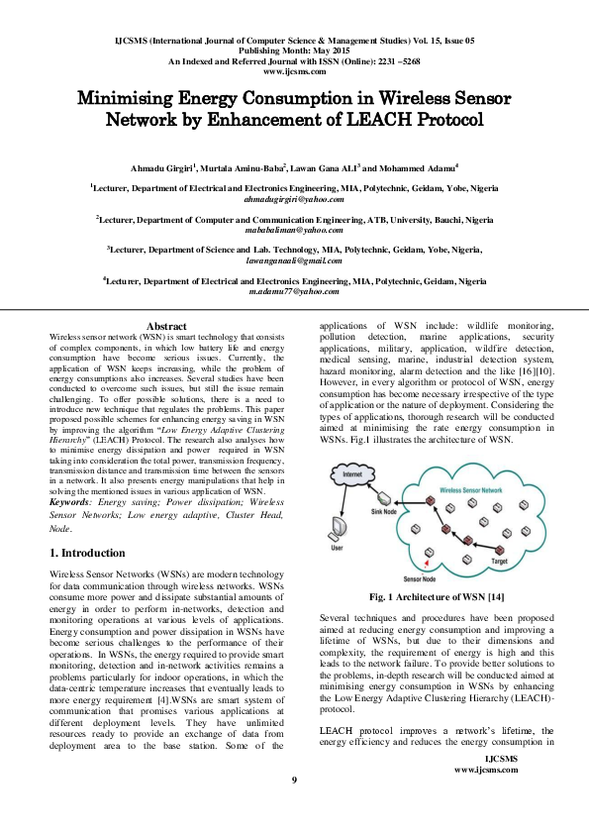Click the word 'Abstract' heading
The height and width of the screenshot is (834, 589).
[166, 326]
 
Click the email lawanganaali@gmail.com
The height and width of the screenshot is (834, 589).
[294, 261]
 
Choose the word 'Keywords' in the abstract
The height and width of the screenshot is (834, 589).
[70, 502]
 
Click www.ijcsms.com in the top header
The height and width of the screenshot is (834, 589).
[294, 72]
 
